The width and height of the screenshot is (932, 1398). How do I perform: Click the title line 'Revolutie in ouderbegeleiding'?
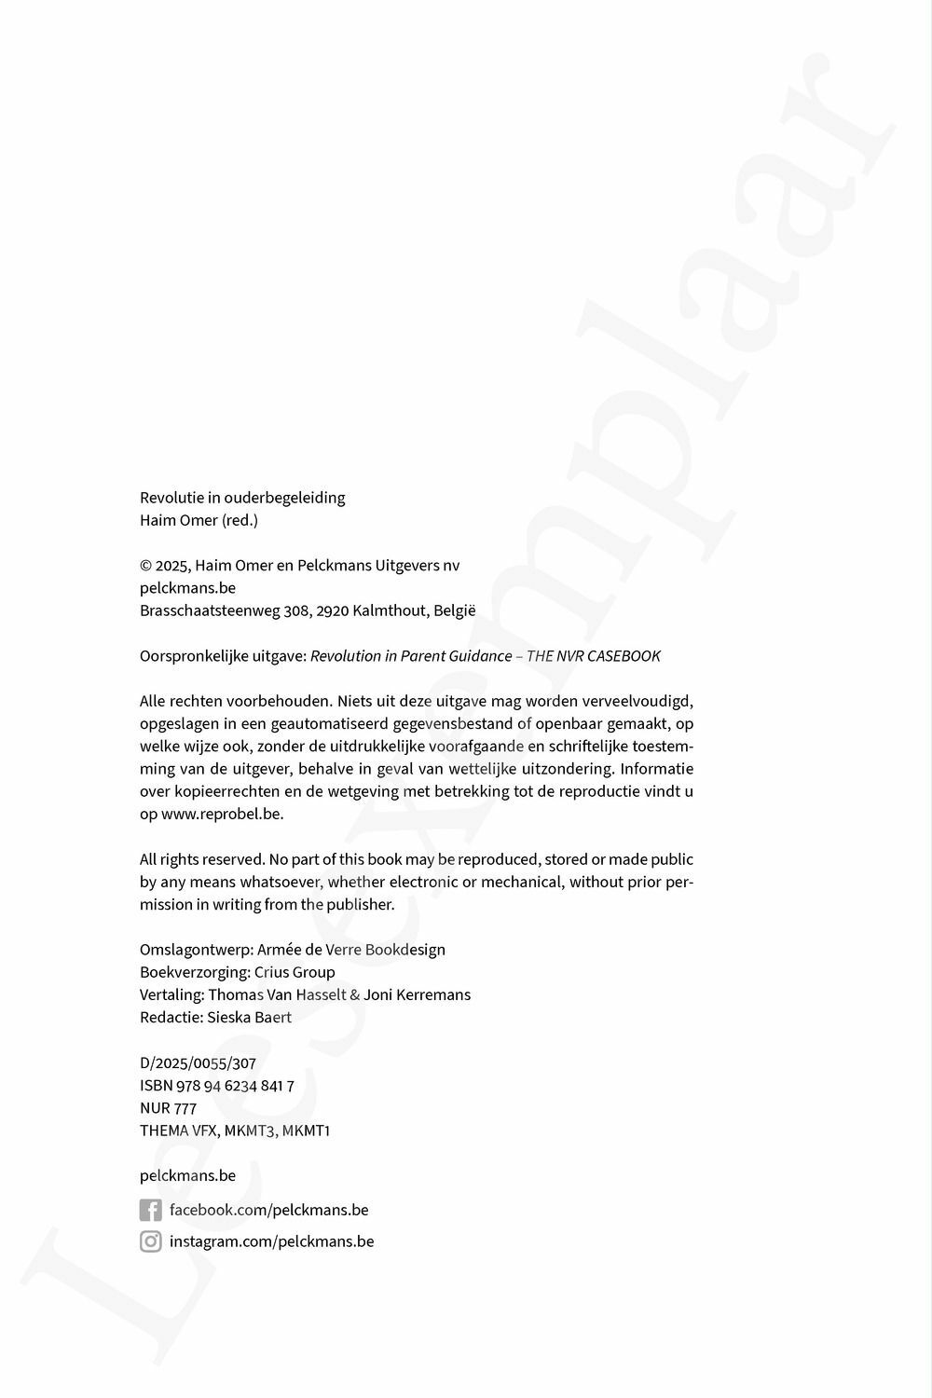click(x=242, y=498)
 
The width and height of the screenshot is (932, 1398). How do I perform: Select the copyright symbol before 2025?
click(x=145, y=566)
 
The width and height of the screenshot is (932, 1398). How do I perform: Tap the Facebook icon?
click(x=150, y=1210)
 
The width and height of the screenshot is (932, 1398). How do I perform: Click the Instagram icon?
click(x=150, y=1241)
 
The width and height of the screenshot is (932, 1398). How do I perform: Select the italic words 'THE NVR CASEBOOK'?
click(x=594, y=656)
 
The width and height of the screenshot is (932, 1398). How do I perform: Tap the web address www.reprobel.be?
click(x=222, y=814)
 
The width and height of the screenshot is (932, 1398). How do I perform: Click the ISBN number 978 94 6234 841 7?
click(x=235, y=1086)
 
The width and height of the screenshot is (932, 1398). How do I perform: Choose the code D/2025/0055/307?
click(x=198, y=1062)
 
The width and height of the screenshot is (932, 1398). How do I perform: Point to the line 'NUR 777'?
click(x=168, y=1108)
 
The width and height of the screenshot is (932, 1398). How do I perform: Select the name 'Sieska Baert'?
click(x=249, y=1018)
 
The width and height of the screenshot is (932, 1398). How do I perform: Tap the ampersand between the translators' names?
click(x=354, y=995)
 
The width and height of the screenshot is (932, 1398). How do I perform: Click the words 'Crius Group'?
click(x=295, y=972)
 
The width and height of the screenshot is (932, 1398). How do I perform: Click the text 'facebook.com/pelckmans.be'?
click(x=268, y=1210)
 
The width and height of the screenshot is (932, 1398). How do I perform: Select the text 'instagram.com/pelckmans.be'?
click(x=271, y=1241)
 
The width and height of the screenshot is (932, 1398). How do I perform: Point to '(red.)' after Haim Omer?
click(x=240, y=520)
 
